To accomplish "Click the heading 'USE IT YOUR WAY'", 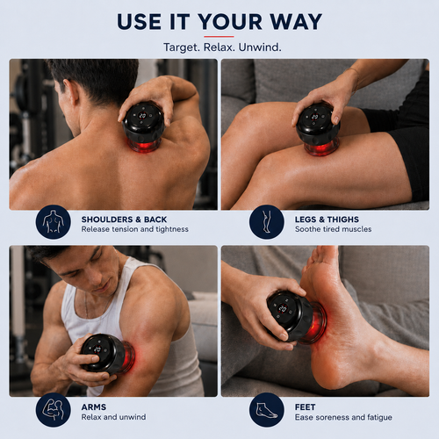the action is tap(219, 22).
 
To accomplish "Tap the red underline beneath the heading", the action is tap(219, 37).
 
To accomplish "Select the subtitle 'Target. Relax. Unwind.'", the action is tap(222, 47).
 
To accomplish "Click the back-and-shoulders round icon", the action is tap(54, 222).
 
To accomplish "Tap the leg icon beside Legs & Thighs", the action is tap(267, 222).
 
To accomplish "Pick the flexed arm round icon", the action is tap(54, 410).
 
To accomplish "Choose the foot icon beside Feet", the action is tap(267, 410).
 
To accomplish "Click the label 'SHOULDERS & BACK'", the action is tap(124, 219).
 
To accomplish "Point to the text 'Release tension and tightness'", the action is tap(135, 229).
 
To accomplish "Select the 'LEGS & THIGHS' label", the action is tap(327, 219).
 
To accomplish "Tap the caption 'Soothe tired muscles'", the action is tap(334, 229).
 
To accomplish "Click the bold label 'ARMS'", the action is tap(94, 407).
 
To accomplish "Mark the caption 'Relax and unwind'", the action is tap(113, 417).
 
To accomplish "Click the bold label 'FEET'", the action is tap(306, 407).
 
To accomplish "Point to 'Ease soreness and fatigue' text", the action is tap(343, 417).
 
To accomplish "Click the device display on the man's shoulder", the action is tap(142, 116).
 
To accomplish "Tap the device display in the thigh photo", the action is tap(315, 117).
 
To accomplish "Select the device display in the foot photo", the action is tap(283, 308).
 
